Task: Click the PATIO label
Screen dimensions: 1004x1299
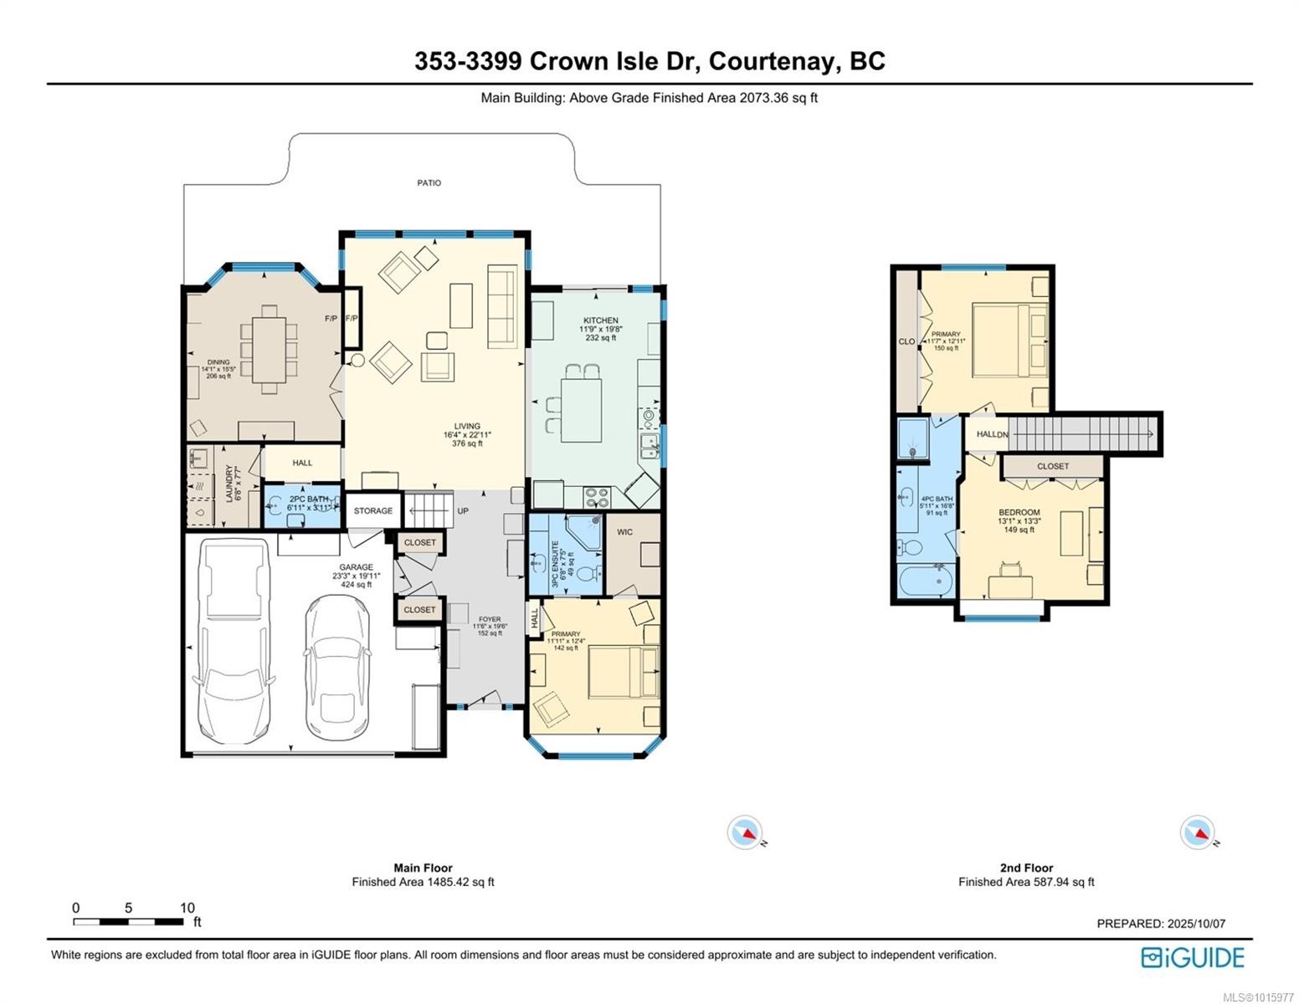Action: [429, 182]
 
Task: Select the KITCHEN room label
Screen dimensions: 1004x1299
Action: [600, 320]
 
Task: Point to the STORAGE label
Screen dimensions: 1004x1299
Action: [372, 510]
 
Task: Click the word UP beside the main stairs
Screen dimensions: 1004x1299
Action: [463, 510]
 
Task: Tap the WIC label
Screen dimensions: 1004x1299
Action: [624, 532]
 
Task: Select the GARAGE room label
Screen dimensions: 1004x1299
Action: [356, 567]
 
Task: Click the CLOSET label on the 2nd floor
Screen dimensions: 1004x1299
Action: [1053, 466]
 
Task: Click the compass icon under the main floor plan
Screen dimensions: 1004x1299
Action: [744, 832]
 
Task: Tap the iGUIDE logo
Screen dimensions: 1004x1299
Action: [1193, 957]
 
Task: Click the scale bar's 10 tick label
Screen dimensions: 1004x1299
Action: [187, 908]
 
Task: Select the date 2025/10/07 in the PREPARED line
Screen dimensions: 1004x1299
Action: [1197, 924]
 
